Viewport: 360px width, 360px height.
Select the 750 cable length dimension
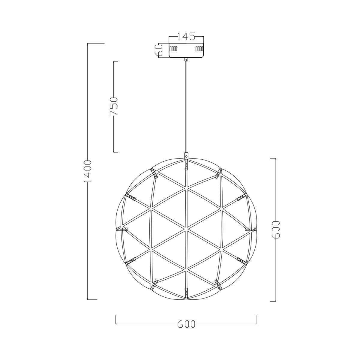pos(114,106)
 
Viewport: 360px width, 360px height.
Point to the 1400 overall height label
pos(88,171)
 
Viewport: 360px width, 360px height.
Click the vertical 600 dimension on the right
pos(276,229)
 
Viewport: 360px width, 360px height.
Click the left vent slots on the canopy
pos(173,49)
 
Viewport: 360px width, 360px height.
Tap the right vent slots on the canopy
pos(199,49)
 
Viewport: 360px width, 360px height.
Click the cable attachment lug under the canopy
pos(186,60)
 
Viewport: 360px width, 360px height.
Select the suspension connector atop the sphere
pos(186,155)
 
